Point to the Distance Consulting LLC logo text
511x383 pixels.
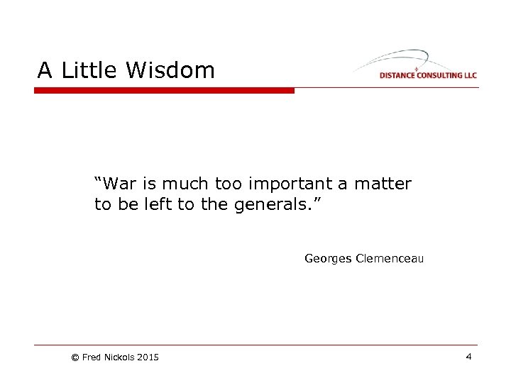click(428, 75)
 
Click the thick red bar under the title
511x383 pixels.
click(164, 90)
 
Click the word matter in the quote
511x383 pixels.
click(383, 184)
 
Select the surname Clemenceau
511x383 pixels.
click(390, 259)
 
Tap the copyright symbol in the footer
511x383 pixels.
click(75, 357)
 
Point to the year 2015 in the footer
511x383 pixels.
click(148, 357)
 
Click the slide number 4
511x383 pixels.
click(468, 357)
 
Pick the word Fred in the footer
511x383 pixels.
click(92, 357)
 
